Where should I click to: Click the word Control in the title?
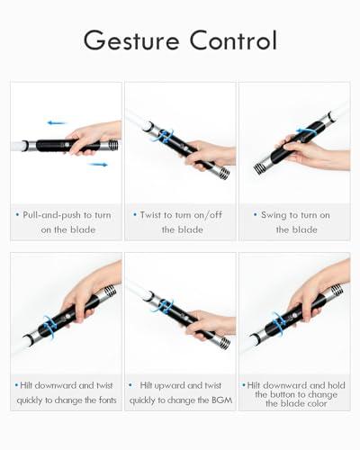(x=231, y=40)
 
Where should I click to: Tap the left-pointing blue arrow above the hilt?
(x=57, y=121)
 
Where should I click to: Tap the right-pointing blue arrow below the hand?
(x=98, y=164)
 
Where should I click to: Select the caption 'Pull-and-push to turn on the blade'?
(x=66, y=222)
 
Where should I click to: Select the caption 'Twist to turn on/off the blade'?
(x=180, y=222)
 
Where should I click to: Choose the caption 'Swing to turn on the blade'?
(x=294, y=222)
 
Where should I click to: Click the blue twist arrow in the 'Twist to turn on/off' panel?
(x=165, y=136)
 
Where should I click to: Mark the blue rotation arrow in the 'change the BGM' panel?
(x=164, y=306)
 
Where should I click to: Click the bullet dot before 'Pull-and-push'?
(x=17, y=215)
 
